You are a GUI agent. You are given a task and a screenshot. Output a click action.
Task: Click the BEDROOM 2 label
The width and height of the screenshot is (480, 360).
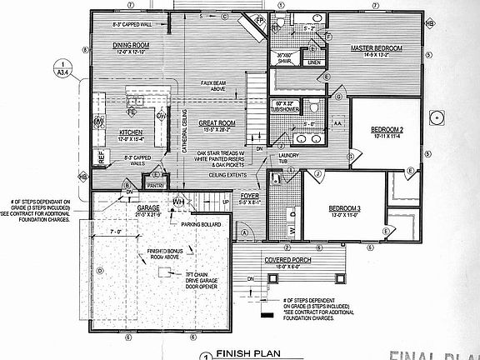tap(387, 129)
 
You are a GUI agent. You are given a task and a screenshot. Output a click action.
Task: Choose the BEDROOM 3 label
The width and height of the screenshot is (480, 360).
tap(343, 207)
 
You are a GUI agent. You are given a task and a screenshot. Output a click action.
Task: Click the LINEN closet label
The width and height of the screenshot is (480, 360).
tap(313, 62)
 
